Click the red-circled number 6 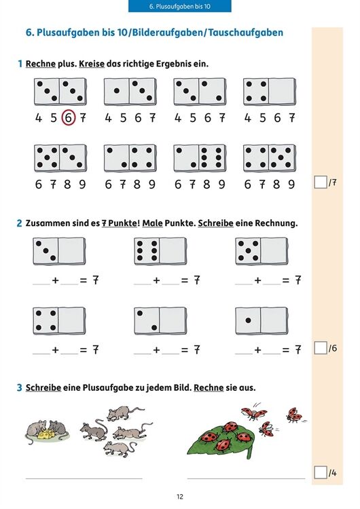[68, 117]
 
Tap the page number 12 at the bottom [180, 497]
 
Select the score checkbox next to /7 [321, 182]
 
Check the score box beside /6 [321, 348]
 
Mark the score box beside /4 [321, 472]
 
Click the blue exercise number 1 [20, 64]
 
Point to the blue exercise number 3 [20, 388]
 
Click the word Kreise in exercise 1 [92, 64]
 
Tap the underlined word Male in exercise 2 [152, 223]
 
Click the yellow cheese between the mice [46, 434]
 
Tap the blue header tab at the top [180, 6]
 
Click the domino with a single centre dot [262, 321]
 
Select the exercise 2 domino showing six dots [160, 251]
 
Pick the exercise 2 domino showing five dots [262, 251]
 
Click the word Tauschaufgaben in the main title [246, 33]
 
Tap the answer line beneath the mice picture [84, 478]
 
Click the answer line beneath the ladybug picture [247, 478]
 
